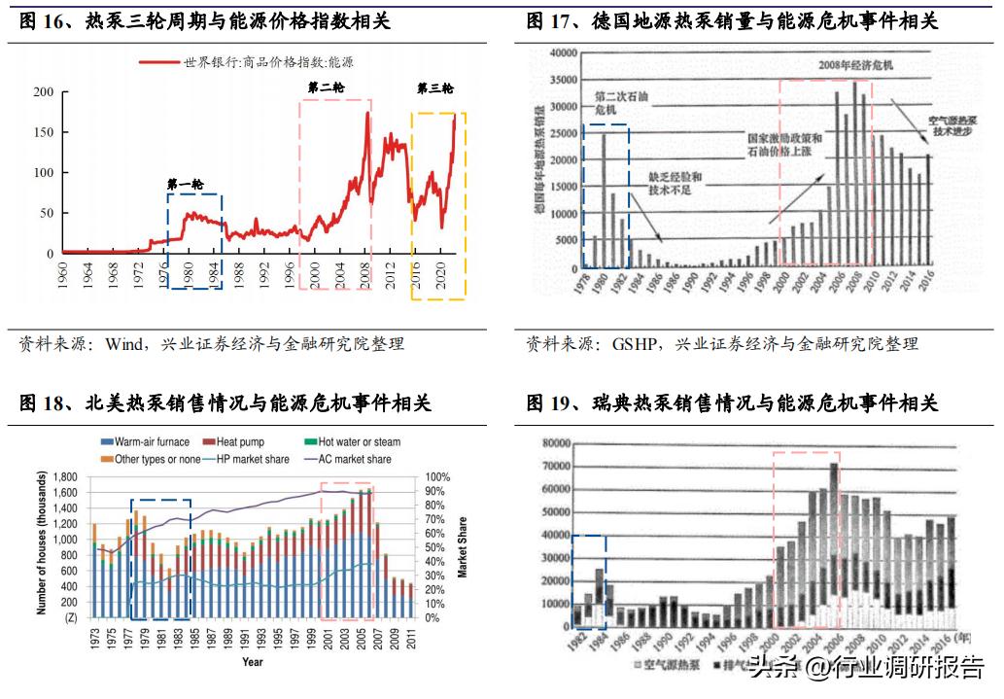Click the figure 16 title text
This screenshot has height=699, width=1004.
(x=204, y=21)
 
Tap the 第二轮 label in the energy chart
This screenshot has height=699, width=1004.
(x=326, y=87)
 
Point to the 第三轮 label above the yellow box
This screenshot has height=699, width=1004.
(x=434, y=87)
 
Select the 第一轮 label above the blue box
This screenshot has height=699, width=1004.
(x=185, y=184)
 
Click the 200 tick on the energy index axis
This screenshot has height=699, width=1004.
(x=44, y=92)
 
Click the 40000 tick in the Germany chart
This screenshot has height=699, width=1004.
(x=565, y=52)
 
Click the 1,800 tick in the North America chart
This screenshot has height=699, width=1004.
(x=62, y=477)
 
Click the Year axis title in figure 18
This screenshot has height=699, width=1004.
(x=252, y=662)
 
